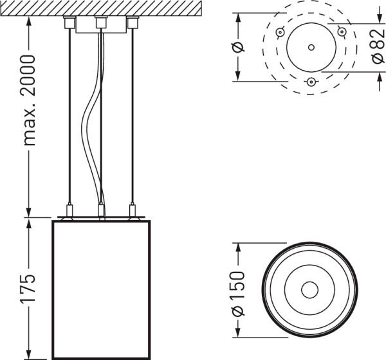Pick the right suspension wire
pos(133,116)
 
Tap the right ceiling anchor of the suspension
pos(133,22)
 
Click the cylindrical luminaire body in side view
pos(100,289)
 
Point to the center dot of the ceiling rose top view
pos(311,47)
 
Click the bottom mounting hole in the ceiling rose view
pos(311,81)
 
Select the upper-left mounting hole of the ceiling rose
pos(280,32)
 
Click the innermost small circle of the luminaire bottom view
pos(310,290)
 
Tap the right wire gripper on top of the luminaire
pos(133,210)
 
